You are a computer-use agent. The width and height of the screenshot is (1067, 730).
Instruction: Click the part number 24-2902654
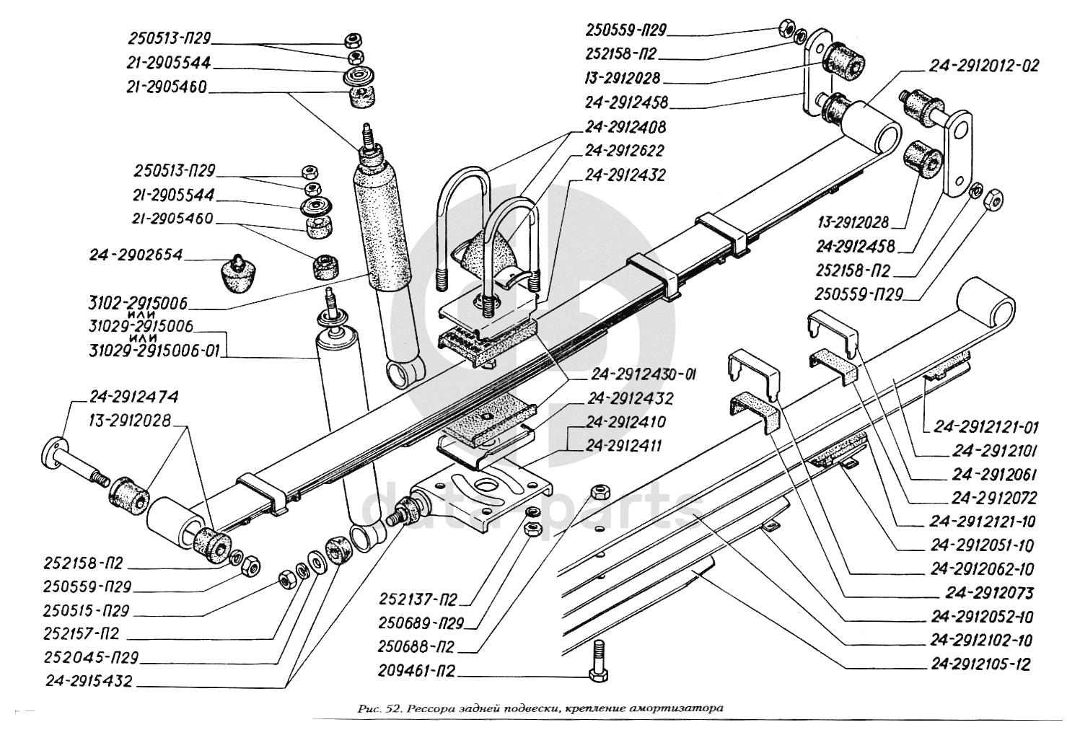(136, 255)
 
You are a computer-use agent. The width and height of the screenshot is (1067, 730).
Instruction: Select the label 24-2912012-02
(984, 66)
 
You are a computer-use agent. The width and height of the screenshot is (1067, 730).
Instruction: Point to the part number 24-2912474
(134, 396)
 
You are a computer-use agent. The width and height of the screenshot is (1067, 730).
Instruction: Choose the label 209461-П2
(416, 671)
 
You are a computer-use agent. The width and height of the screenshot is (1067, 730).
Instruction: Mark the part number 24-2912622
(625, 151)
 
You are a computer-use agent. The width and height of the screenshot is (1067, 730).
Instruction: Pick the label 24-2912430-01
(643, 375)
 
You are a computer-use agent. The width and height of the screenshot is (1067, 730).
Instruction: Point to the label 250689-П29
(420, 623)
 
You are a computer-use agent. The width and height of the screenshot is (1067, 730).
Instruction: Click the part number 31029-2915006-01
(154, 351)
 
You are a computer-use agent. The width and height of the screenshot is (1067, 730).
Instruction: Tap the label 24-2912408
(625, 127)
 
